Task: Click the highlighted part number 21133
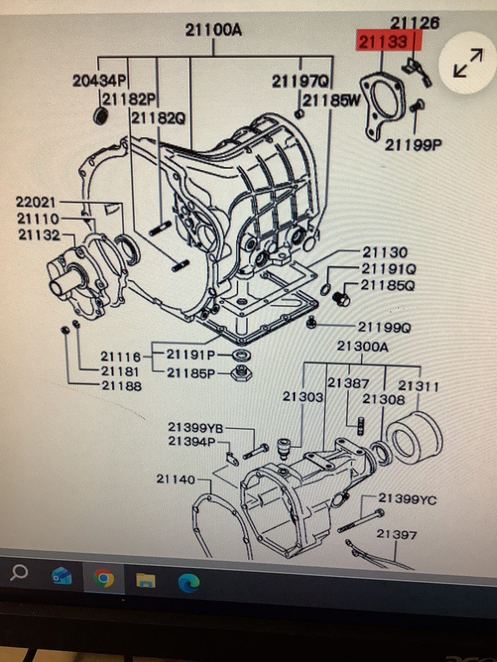pos(383,41)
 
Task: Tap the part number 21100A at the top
pos(213,30)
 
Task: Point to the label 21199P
pos(413,145)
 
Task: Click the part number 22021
pos(36,202)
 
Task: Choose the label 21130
pos(385,252)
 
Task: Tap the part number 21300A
pos(362,346)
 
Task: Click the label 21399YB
pos(195,428)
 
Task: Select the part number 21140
pos(176,479)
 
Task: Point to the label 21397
pos(397,534)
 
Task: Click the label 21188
pos(121,385)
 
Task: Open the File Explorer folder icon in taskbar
pos(146,580)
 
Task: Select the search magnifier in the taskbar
pos(19,572)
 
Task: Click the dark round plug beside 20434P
pos(99,117)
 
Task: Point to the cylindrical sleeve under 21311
pos(415,437)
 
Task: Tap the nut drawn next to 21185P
pos(241,372)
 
